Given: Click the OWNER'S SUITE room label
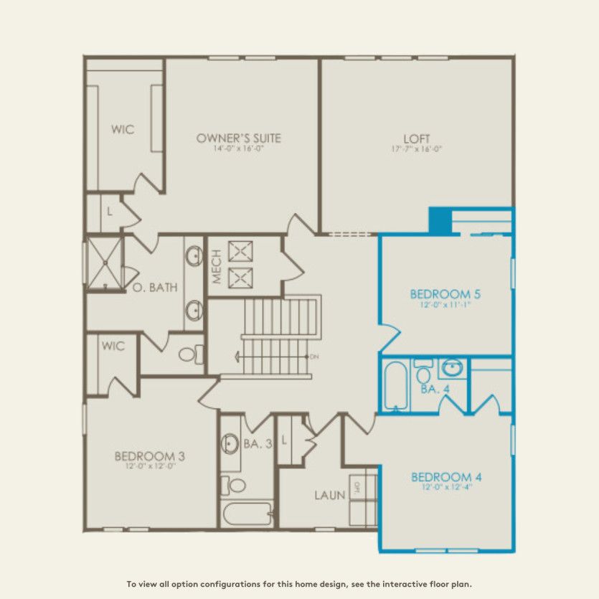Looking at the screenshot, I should (238, 138).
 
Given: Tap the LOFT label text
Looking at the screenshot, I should (417, 138).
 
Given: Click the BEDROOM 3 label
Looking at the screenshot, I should (151, 456).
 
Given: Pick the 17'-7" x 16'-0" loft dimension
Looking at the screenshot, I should (417, 149).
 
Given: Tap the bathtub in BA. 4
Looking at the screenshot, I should (395, 386).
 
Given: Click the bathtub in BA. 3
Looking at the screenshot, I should (246, 514).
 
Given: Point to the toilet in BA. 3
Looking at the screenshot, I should (232, 485).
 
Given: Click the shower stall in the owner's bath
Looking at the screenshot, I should (103, 262).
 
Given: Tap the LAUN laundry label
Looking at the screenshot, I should (330, 495).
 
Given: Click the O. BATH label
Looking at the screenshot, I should (155, 288).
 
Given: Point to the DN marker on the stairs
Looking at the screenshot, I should (313, 357).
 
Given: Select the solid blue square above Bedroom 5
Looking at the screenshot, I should (439, 220).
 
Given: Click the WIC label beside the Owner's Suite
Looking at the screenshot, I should (123, 130).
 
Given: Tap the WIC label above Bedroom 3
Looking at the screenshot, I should (113, 346).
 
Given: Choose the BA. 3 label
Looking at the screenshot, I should (258, 444).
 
